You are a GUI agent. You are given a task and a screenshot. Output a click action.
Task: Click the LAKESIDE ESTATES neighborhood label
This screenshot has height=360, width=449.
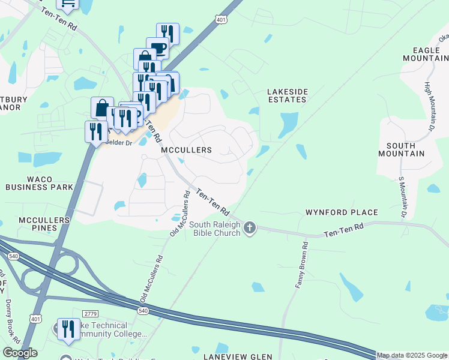(288, 96)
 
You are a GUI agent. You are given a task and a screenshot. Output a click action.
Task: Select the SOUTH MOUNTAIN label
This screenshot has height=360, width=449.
(405, 149)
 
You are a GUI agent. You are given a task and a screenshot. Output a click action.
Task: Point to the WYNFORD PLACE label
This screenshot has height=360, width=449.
(342, 212)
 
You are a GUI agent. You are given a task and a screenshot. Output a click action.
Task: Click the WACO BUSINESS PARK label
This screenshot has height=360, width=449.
(39, 183)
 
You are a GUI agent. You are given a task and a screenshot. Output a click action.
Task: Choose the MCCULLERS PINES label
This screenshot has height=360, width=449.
(44, 224)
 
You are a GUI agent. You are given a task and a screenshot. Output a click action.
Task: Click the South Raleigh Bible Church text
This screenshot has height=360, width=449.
(215, 229)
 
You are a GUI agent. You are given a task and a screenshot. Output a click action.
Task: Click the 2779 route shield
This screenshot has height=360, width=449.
(91, 314)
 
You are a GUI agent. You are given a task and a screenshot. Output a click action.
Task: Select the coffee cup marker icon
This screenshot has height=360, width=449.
(157, 48)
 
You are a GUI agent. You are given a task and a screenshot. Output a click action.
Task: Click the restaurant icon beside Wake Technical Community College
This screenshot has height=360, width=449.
(68, 329)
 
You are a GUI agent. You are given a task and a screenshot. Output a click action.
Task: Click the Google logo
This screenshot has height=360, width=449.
(20, 353)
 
